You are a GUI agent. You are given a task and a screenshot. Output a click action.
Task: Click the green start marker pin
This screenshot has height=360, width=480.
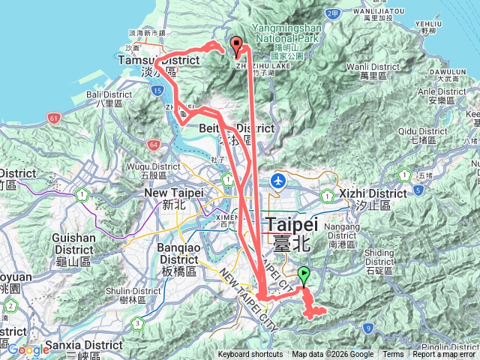pos(304,275)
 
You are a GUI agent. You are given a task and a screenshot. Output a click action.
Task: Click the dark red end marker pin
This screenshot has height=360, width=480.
pos(236,45)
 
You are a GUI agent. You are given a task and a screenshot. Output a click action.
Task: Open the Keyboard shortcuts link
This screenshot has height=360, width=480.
pos(250,355)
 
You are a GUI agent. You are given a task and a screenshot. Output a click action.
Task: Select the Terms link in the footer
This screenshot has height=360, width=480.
pos(393,355)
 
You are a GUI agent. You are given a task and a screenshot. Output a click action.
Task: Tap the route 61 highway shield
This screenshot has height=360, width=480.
pos(53,118)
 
